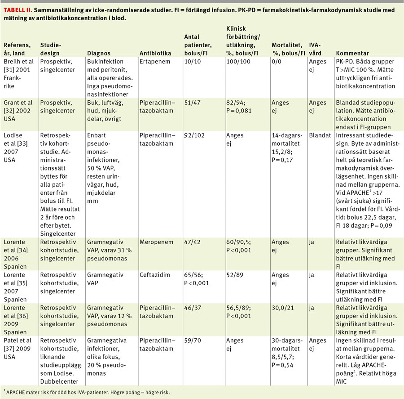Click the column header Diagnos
tap(99, 53)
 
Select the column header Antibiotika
tap(155, 53)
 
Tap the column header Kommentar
tap(352, 53)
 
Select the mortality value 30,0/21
tap(283, 307)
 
